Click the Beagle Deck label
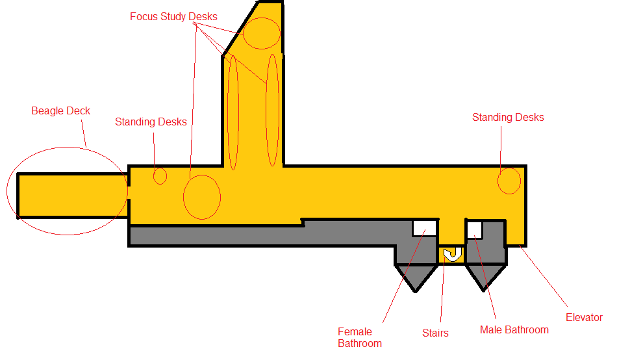click(60, 111)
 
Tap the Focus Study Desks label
click(173, 16)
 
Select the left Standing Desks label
click(151, 122)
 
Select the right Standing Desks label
click(508, 118)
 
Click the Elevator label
click(584, 318)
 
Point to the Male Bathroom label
click(514, 330)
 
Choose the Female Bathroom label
click(360, 337)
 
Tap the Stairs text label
click(435, 333)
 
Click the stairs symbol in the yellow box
click(452, 254)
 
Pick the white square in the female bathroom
click(424, 228)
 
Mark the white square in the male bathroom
click(474, 229)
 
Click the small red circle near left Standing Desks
click(160, 175)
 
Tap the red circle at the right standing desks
click(509, 181)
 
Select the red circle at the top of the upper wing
click(262, 33)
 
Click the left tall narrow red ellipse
click(233, 112)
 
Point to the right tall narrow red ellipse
click(273, 110)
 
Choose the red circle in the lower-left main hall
click(202, 197)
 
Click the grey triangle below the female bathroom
click(416, 276)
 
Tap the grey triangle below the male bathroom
click(485, 276)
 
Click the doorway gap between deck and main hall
click(129, 192)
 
